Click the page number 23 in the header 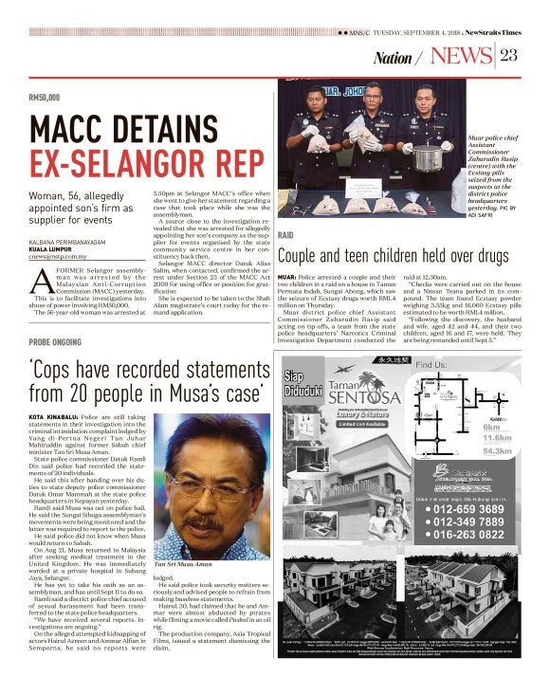pyautogui.click(x=507, y=55)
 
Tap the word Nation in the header pyautogui.click(x=393, y=58)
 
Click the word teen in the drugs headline pyautogui.click(x=380, y=255)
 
